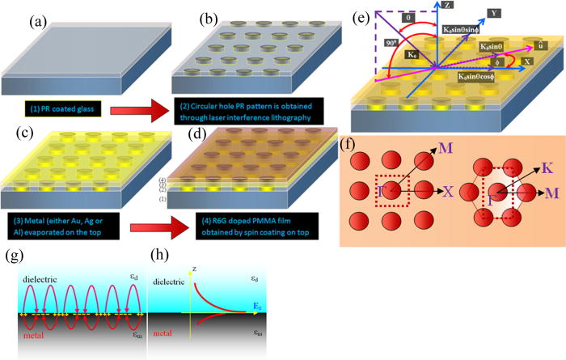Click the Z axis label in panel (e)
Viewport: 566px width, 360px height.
point(449,6)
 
